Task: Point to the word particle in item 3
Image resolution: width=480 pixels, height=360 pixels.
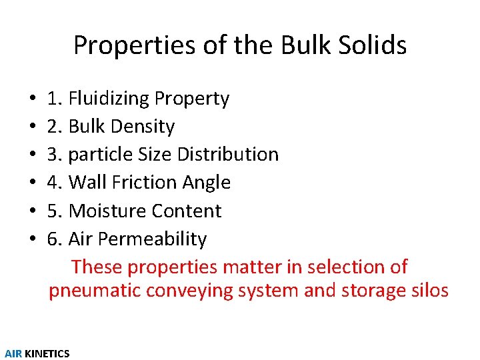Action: (x=101, y=155)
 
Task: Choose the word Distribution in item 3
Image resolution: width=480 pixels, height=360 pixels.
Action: (x=227, y=155)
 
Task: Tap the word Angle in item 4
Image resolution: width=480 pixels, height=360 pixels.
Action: (x=209, y=183)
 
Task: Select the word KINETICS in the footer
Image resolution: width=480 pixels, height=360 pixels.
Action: (x=47, y=354)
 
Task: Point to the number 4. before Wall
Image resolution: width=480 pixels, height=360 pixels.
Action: (x=55, y=183)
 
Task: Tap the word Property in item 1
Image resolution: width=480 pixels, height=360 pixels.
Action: (x=192, y=99)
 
